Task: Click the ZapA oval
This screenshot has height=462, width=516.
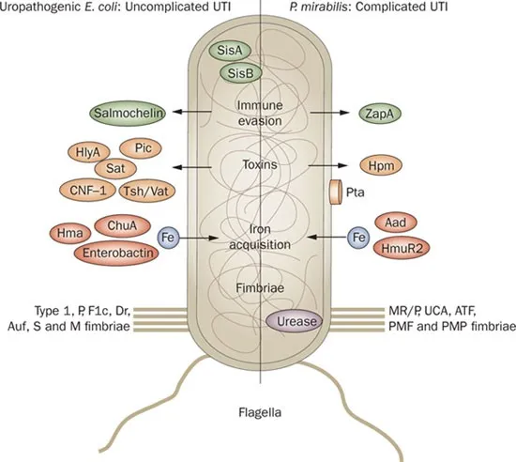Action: pyautogui.click(x=384, y=113)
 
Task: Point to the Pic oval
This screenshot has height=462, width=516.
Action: pyautogui.click(x=143, y=148)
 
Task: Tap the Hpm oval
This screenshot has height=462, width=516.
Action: pyautogui.click(x=383, y=163)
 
